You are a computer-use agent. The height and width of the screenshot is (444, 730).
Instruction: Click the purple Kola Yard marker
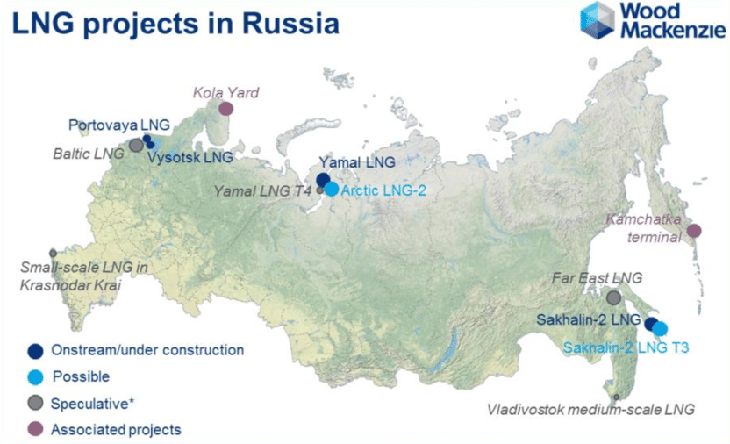coord(225,109)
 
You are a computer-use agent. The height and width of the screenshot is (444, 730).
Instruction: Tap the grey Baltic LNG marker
coord(136,145)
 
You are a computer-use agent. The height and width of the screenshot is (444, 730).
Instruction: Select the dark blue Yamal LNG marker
coord(323,180)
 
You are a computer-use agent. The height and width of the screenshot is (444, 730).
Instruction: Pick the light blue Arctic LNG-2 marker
coord(332,189)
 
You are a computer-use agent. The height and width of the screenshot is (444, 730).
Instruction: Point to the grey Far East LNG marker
coord(613,297)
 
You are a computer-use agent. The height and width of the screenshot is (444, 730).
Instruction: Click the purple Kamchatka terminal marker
coord(694,231)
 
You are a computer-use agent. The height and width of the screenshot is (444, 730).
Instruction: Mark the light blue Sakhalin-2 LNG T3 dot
coord(660,329)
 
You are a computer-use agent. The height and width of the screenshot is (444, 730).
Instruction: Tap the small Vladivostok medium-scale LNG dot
coord(617,397)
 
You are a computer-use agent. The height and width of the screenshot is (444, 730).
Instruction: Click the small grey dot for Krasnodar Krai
coord(53,254)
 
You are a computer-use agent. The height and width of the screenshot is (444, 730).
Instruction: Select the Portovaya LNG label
coord(119,125)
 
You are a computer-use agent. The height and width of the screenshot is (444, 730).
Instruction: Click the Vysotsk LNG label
coord(190,157)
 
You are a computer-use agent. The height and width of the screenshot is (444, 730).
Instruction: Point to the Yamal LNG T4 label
coord(262,190)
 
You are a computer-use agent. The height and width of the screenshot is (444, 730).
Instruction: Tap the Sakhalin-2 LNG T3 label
coord(626,347)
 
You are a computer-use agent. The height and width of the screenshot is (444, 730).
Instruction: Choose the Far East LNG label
coord(597,278)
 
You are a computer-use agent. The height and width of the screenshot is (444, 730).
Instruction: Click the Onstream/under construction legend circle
coord(35,351)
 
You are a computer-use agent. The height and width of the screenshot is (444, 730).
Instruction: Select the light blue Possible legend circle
coord(35,377)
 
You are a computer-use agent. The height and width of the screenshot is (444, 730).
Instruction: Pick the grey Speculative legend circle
coord(35,403)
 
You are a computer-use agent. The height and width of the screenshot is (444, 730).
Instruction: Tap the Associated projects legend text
coord(116,430)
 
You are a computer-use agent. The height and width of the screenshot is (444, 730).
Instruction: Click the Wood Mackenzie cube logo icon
coord(598,20)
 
